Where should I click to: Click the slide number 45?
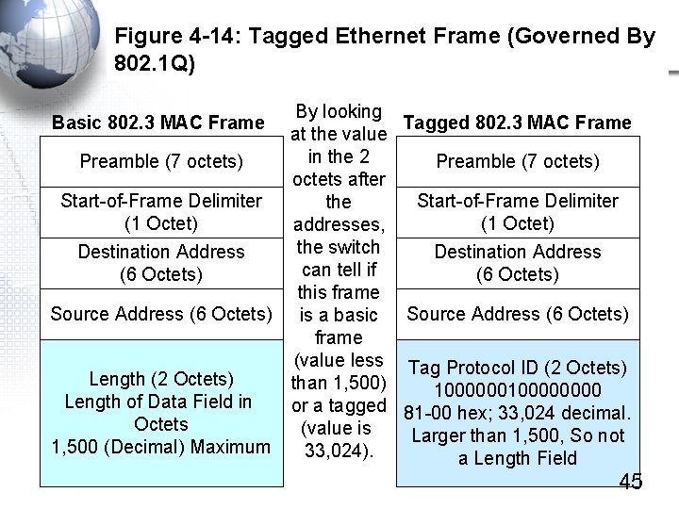point(630,482)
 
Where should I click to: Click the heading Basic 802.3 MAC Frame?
point(158,123)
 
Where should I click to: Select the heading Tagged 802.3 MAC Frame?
point(517,123)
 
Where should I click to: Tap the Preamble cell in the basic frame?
point(161,161)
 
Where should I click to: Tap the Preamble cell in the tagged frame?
point(518,161)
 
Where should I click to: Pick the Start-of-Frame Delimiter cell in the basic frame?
point(161,212)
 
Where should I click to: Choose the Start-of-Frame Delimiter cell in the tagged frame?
point(518,212)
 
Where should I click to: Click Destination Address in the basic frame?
point(161,263)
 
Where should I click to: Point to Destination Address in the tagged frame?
point(518,263)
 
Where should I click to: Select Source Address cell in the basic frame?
point(161,314)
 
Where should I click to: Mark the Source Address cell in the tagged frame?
point(518,314)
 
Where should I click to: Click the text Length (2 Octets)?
point(161,379)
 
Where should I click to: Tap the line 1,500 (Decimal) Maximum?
point(161,447)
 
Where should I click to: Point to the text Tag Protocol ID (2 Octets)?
point(518,368)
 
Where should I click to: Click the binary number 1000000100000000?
point(518,390)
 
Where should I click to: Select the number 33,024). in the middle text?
point(339,451)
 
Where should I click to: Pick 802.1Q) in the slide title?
point(154,65)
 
